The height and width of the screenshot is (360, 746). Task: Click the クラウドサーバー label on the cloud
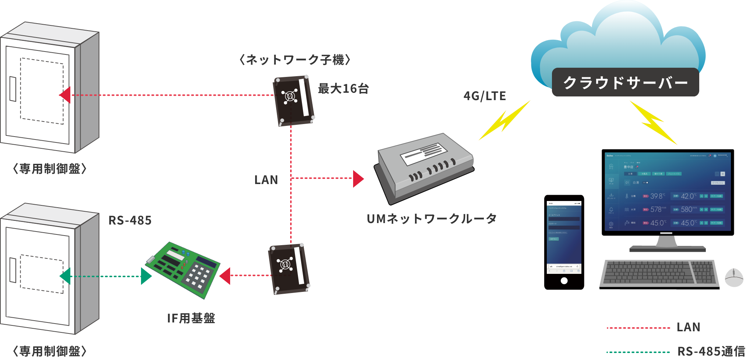pyautogui.click(x=625, y=82)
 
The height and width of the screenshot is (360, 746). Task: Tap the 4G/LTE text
pyautogui.click(x=485, y=96)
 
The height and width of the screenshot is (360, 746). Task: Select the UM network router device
pyautogui.click(x=425, y=167)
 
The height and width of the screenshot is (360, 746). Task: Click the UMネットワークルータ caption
pyautogui.click(x=432, y=219)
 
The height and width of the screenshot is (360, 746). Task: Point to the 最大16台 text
pyautogui.click(x=343, y=89)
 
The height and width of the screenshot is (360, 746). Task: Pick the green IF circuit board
pyautogui.click(x=183, y=269)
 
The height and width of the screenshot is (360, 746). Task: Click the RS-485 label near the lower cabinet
pyautogui.click(x=130, y=220)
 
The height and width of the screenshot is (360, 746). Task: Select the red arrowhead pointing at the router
pyautogui.click(x=358, y=179)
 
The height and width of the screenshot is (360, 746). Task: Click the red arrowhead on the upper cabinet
pyautogui.click(x=66, y=95)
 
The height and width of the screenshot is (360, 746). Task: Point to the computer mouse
pyautogui.click(x=733, y=278)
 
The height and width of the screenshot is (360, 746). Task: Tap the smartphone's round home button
pyautogui.click(x=564, y=281)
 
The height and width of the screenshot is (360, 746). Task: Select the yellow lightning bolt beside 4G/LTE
pyautogui.click(x=504, y=120)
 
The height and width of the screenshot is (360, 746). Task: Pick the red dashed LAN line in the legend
pyautogui.click(x=638, y=328)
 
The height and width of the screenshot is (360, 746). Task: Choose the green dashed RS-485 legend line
pyautogui.click(x=638, y=352)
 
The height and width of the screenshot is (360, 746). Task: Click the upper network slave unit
pyautogui.click(x=293, y=100)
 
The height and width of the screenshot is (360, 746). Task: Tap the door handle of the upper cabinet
pyautogui.click(x=13, y=89)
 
